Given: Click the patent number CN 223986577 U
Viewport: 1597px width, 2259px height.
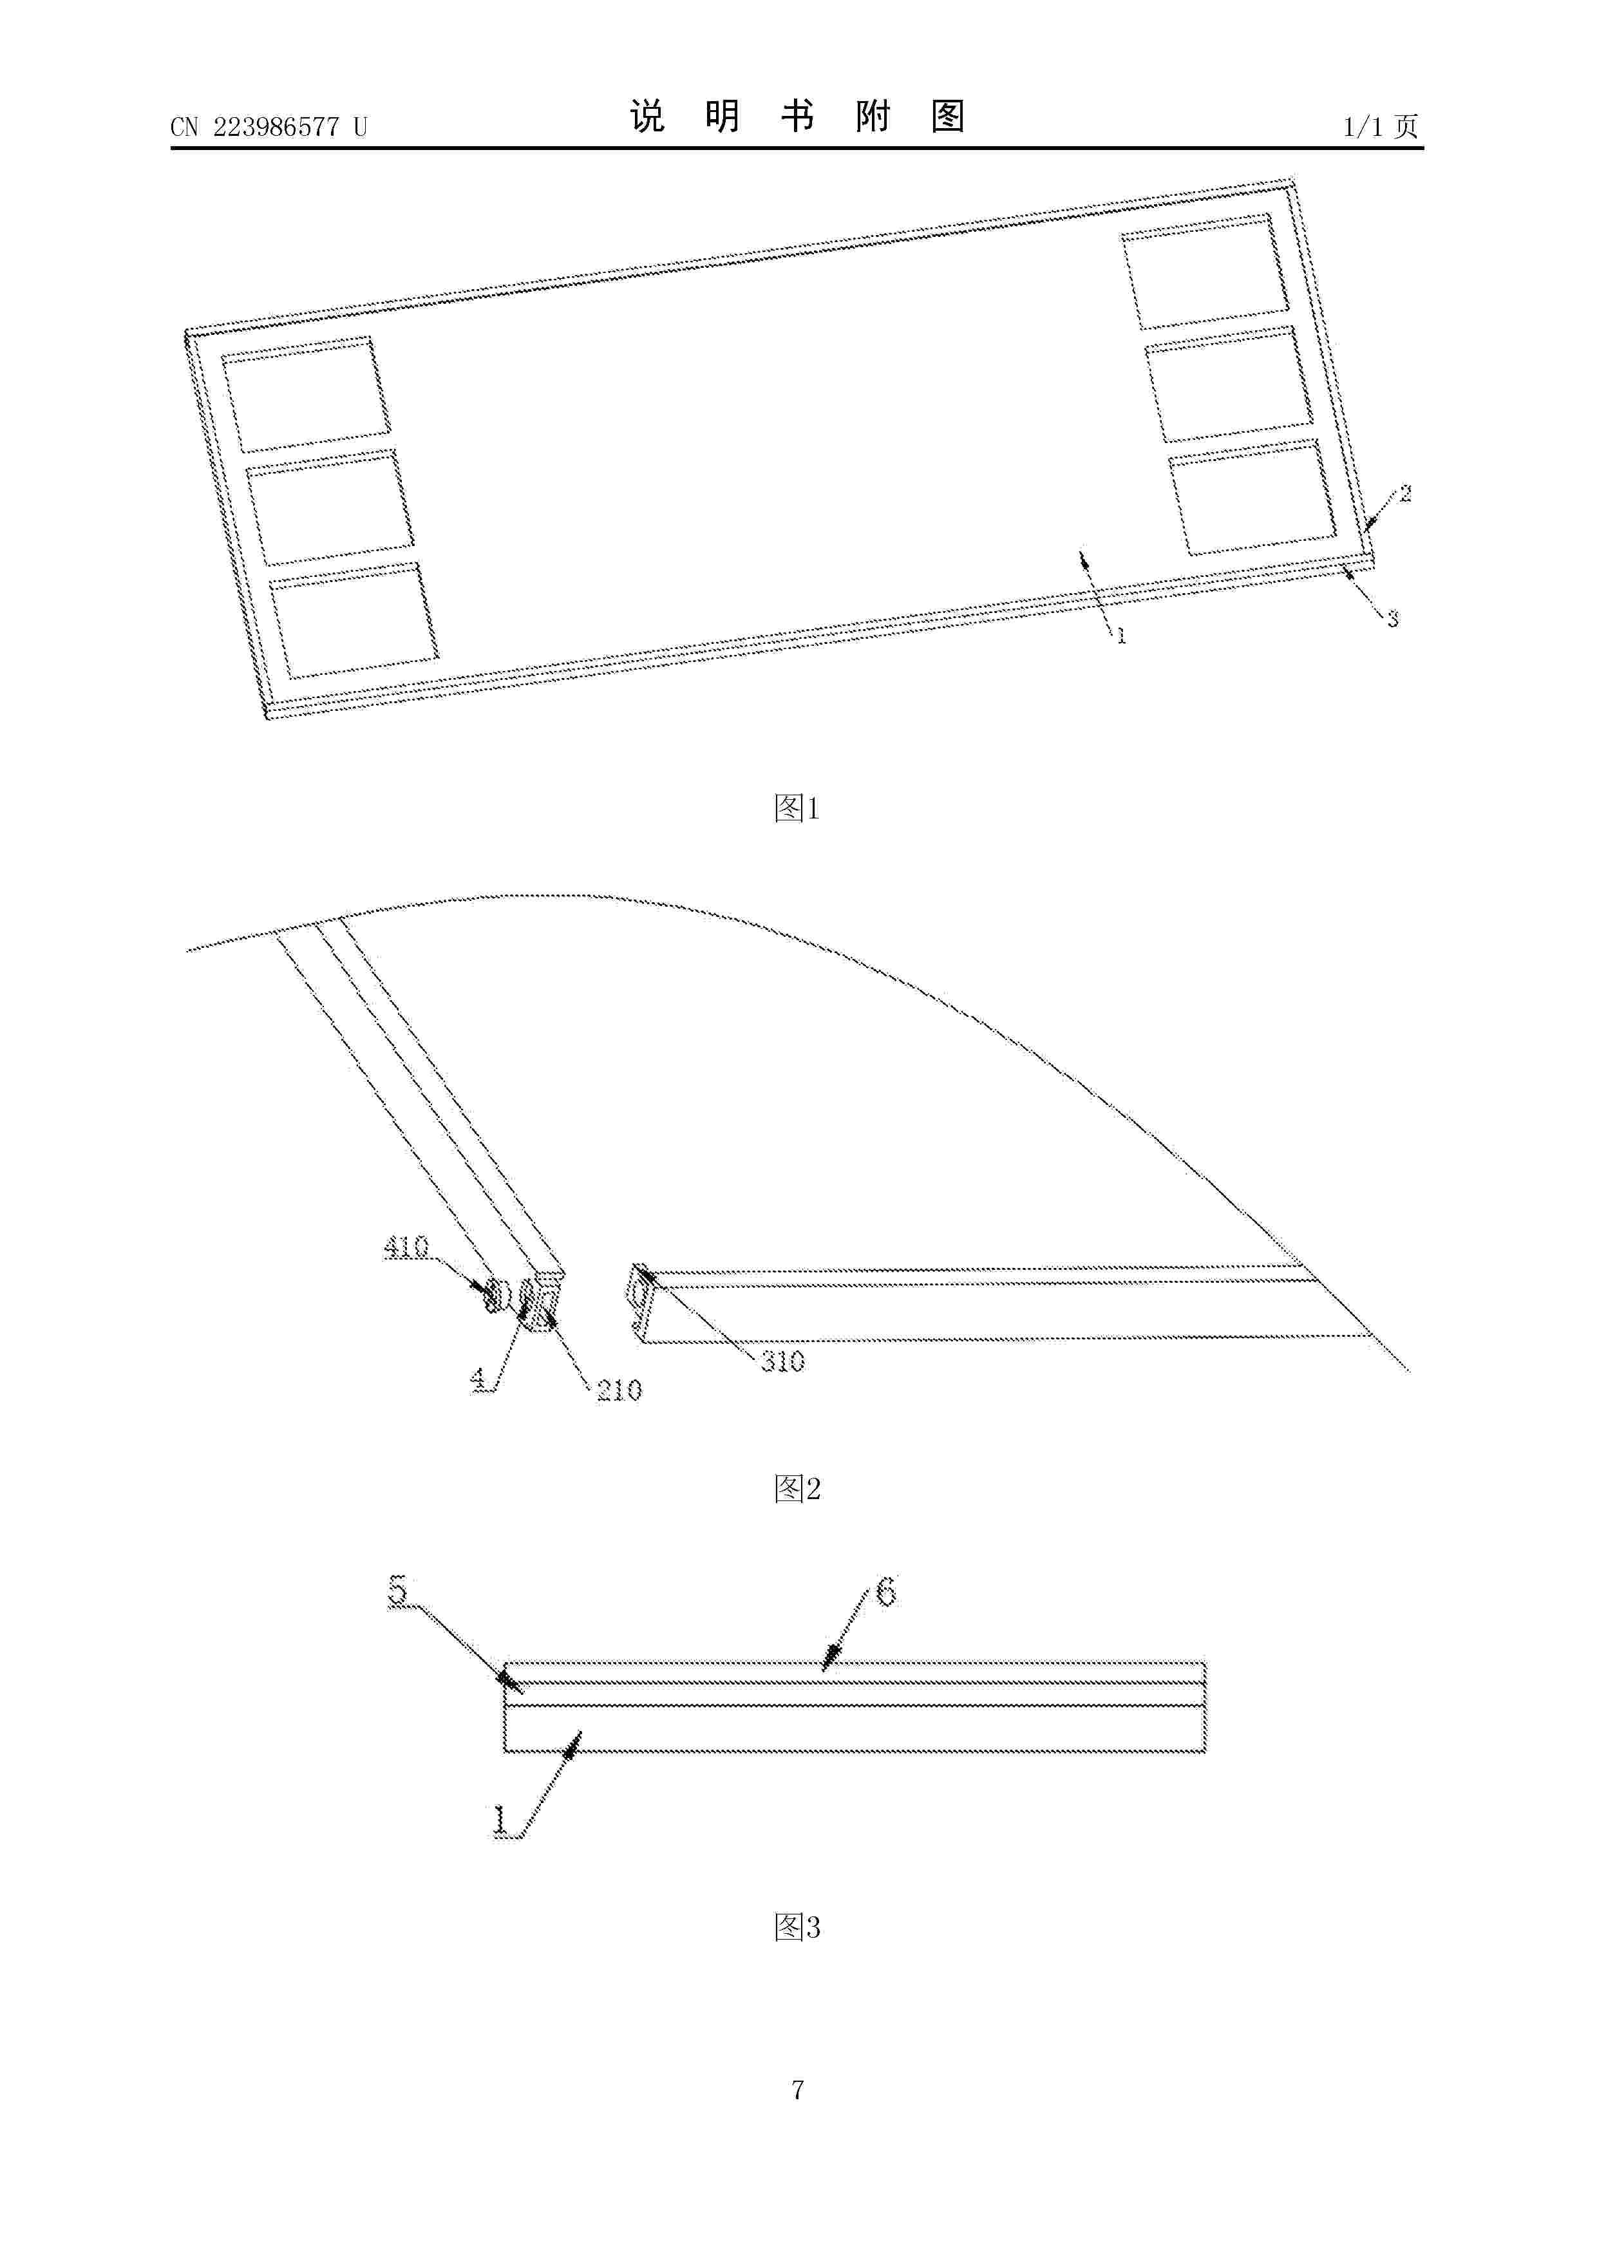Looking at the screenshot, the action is point(269,126).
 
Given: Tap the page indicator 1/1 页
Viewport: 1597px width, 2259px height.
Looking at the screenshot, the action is point(1381,126).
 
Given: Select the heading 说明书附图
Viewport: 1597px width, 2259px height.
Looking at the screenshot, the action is point(797,116).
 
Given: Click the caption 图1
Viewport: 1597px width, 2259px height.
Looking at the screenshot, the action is point(797,809).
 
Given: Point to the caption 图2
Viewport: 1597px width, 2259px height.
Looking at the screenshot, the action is point(797,1489).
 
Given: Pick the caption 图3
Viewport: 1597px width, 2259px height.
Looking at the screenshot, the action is point(797,1927).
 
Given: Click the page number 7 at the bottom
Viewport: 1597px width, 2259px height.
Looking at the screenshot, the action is point(798,2089).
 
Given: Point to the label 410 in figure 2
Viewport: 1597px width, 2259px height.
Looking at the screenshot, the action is point(406,1247).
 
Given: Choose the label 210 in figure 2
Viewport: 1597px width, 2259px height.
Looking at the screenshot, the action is point(619,1390).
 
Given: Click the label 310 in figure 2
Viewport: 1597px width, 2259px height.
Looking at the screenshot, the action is point(782,1362).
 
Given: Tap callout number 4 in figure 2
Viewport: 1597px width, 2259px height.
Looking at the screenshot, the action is point(478,1381).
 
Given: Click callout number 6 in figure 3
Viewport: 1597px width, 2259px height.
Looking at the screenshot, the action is point(885,1591).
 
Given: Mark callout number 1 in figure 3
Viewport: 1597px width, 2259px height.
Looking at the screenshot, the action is point(501,1820).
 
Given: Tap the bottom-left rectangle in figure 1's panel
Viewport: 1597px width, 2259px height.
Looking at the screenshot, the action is point(354,621).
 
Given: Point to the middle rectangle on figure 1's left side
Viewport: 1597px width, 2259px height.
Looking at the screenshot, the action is point(330,507).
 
